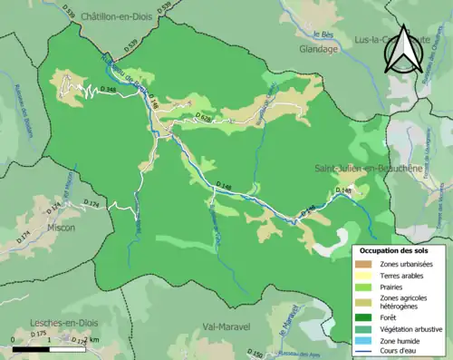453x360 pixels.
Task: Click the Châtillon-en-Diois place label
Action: tap(120, 17)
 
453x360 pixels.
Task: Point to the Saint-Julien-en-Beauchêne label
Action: tap(367, 169)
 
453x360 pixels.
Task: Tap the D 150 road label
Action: tap(255, 354)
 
